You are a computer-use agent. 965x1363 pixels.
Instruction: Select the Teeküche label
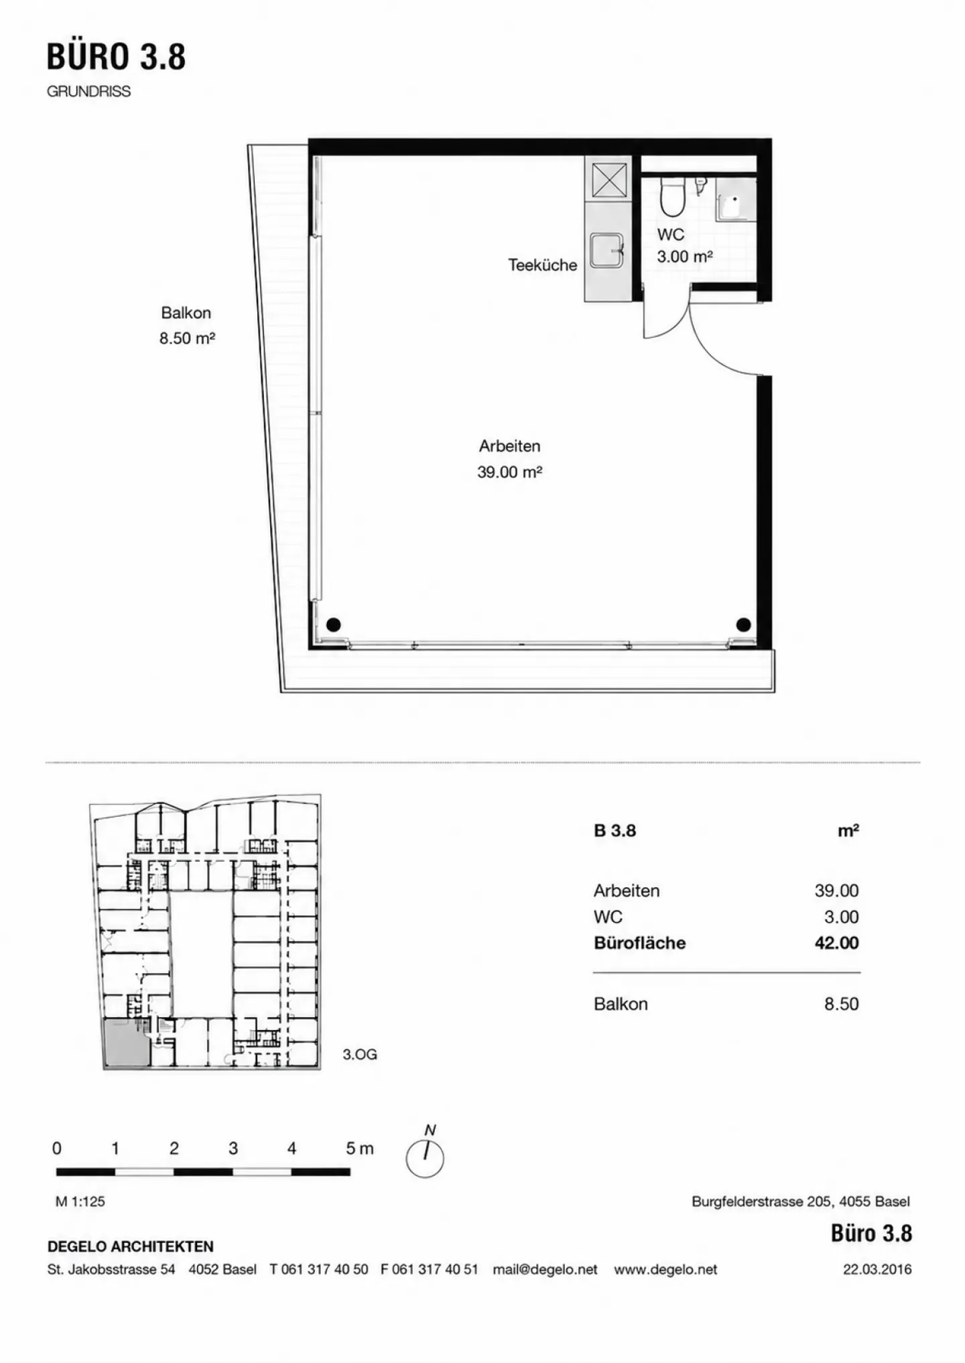pos(542,265)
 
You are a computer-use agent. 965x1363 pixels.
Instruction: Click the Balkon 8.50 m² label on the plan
pos(187,326)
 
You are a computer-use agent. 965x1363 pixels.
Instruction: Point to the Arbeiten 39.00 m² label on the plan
pos(509,459)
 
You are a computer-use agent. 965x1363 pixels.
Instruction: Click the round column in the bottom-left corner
pos(333,625)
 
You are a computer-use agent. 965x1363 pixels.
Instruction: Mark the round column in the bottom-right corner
pos(743,625)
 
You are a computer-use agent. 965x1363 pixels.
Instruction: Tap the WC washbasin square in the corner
pos(736,199)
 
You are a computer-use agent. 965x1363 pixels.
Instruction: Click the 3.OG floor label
pos(360,1054)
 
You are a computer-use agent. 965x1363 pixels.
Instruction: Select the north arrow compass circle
pos(425,1159)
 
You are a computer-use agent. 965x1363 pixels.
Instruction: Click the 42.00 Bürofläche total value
pos(836,943)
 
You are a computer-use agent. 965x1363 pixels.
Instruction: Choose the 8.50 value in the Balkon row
pos(842,1004)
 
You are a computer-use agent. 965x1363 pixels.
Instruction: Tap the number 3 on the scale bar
pos(233,1148)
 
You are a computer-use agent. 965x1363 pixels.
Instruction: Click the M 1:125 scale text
pos(80,1202)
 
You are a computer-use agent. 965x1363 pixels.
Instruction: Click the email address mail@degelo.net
pos(545,1269)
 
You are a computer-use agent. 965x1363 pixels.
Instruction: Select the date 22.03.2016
pos(877,1269)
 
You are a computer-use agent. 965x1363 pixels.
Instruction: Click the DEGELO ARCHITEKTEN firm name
pos(131,1246)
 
